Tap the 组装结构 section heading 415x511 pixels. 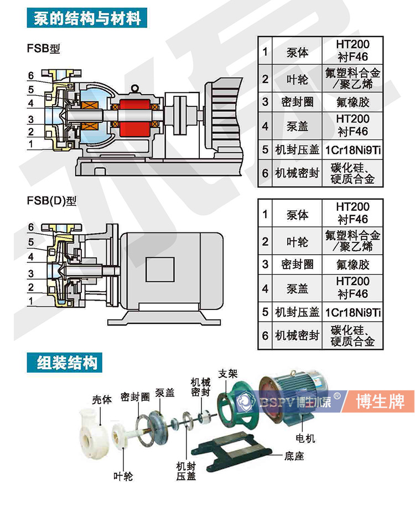67,363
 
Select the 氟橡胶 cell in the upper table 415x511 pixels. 352,102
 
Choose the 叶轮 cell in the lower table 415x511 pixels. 298,241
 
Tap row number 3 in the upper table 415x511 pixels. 265,102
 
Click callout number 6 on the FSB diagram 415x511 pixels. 31,75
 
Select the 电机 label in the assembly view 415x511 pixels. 305,439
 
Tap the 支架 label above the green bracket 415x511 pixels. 228,372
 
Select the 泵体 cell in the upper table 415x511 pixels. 298,53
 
